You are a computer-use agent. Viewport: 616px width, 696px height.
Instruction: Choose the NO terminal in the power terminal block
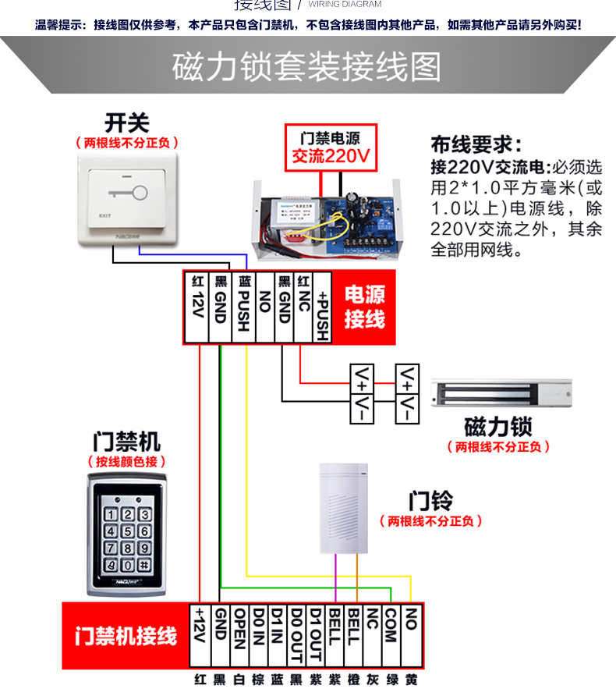(x=264, y=307)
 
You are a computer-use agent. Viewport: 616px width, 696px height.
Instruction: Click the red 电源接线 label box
(x=365, y=307)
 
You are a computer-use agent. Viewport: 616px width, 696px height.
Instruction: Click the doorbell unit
(x=343, y=507)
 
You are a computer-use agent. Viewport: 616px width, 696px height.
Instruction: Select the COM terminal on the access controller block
(x=391, y=636)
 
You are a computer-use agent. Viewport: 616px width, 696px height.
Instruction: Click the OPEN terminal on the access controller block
(x=239, y=636)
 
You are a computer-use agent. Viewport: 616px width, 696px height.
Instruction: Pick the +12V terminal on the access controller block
(x=200, y=636)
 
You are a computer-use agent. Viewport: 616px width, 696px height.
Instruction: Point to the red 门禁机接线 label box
(x=126, y=636)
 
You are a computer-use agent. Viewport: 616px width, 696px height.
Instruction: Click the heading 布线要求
(x=475, y=145)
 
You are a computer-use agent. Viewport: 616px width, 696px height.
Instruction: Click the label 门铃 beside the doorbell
(x=430, y=500)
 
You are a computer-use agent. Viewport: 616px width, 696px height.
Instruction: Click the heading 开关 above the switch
(x=126, y=123)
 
